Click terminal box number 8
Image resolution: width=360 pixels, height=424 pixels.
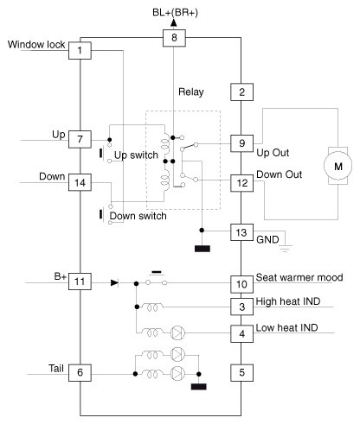coord(174,38)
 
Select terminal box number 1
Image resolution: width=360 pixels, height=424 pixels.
coord(80,51)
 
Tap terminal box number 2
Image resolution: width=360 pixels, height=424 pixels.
coord(241,92)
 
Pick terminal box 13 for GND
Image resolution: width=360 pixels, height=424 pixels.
coord(241,232)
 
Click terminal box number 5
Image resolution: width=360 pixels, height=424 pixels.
coord(241,373)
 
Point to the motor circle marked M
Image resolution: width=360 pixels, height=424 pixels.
coord(337,166)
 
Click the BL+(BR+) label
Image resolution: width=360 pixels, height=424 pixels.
coord(175,13)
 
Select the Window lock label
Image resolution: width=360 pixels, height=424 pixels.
coord(36,45)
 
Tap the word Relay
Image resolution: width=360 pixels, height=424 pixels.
coord(191,92)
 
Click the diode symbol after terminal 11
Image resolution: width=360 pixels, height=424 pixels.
coord(114,283)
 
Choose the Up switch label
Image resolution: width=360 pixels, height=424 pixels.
coord(136,155)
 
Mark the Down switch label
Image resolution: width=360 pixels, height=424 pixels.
coord(138,216)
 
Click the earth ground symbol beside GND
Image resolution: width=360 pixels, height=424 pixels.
coord(285,249)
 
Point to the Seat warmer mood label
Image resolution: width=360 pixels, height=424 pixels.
coord(299,277)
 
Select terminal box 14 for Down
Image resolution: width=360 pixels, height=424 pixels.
coord(80,182)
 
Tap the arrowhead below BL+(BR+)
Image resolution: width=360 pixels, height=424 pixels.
coord(174,23)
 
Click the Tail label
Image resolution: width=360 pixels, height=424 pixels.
coord(56,369)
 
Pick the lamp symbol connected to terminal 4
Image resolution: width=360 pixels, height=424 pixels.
coord(177,333)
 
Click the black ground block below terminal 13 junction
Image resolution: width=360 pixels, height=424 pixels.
coord(202,249)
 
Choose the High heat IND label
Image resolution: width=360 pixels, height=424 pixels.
coord(288,301)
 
